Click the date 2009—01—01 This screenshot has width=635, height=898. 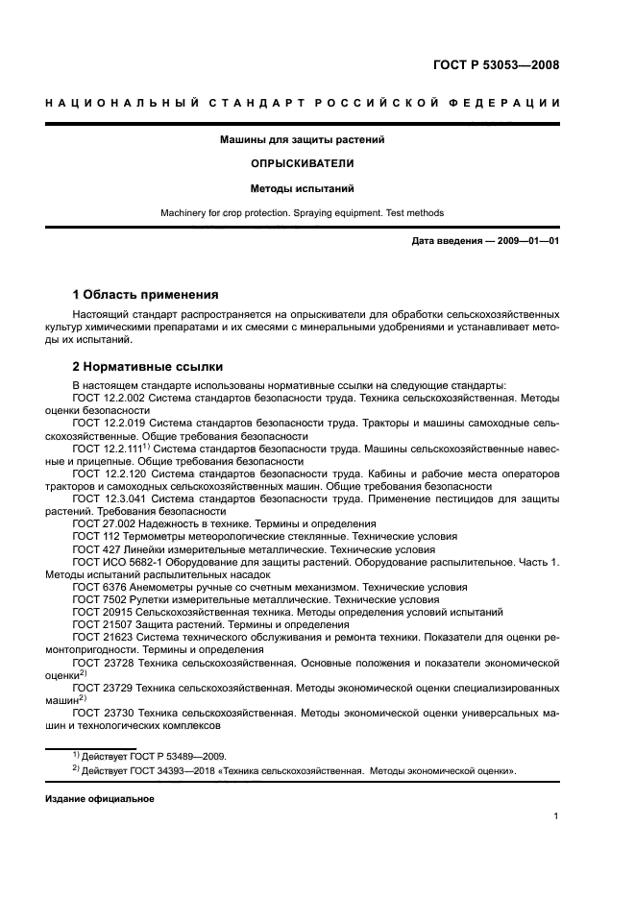[525, 240]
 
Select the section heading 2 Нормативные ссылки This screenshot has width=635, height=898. [148, 366]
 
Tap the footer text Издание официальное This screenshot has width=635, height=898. [99, 798]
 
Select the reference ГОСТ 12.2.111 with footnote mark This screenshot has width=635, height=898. [110, 448]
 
